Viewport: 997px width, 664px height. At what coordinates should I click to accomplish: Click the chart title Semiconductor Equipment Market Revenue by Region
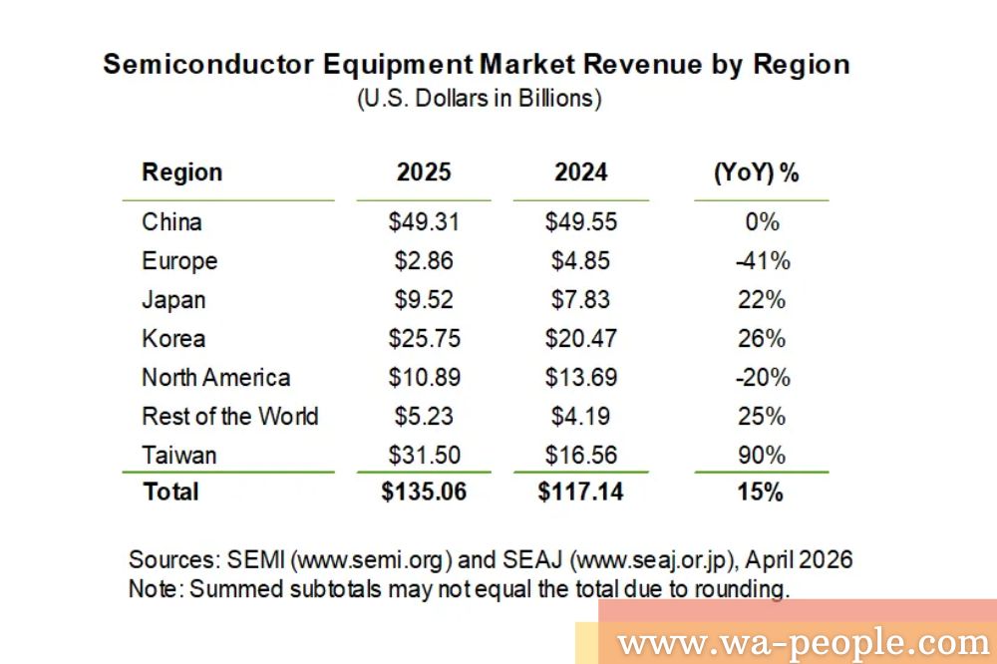click(x=477, y=65)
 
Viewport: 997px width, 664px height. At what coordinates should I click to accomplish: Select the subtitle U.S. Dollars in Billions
click(x=479, y=100)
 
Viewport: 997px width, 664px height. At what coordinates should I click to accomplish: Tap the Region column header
click(x=182, y=172)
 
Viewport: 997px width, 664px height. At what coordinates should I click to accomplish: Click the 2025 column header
click(x=424, y=172)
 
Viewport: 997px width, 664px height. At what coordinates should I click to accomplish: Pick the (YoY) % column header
click(x=757, y=172)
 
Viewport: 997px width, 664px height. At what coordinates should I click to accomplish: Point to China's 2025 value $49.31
click(x=424, y=221)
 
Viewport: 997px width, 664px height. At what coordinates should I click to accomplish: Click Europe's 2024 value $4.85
click(x=580, y=261)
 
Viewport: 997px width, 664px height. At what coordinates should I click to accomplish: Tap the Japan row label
click(x=173, y=300)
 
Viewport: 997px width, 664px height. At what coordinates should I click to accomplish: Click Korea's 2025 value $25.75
click(x=424, y=339)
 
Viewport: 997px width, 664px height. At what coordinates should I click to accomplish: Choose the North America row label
click(x=215, y=378)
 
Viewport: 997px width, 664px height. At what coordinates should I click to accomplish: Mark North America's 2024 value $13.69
click(x=580, y=378)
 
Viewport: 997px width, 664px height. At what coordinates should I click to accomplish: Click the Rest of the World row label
click(x=229, y=416)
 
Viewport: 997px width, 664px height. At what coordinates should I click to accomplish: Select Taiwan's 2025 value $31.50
click(x=424, y=456)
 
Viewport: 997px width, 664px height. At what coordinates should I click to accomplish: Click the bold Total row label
click(x=170, y=492)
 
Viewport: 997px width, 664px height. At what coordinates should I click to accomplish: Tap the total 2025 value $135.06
click(x=424, y=492)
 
